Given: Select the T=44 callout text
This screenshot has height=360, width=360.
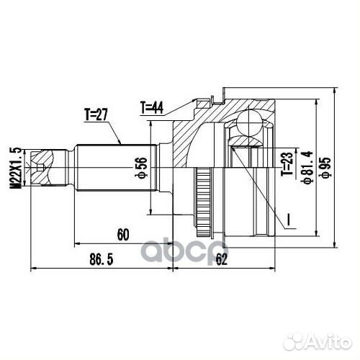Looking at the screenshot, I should pyautogui.click(x=153, y=108).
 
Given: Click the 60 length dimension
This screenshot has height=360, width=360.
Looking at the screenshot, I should pyautogui.click(x=122, y=233).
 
